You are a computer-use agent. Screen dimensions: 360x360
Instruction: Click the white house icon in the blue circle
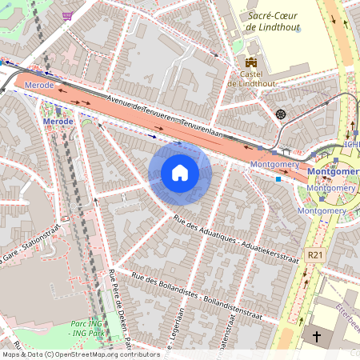pyautogui.click(x=180, y=173)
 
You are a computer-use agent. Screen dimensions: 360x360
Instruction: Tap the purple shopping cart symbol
pyautogui.click(x=68, y=15)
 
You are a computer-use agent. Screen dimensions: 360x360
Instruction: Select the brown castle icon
pyautogui.click(x=252, y=62)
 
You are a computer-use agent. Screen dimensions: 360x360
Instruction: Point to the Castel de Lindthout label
pyautogui.click(x=252, y=78)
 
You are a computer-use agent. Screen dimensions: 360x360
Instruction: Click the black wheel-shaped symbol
pyautogui.click(x=281, y=114)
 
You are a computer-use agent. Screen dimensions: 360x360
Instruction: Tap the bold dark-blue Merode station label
pyautogui.click(x=58, y=122)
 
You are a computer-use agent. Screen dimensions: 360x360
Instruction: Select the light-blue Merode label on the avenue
pyautogui.click(x=39, y=84)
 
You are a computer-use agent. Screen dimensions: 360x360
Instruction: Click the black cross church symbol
pyautogui.click(x=316, y=337)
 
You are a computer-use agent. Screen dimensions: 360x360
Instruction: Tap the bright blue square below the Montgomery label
pyautogui.click(x=278, y=179)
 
